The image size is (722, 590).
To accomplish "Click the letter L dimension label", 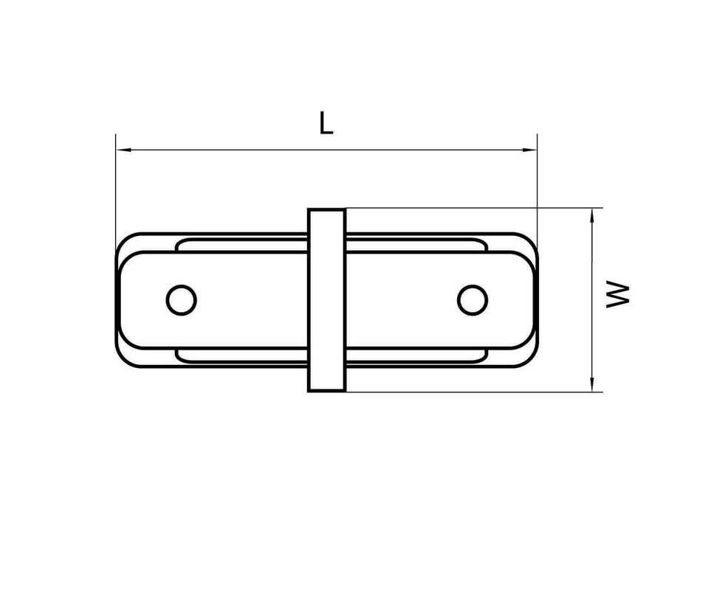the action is (326, 123).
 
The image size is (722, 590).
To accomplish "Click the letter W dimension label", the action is (617, 294).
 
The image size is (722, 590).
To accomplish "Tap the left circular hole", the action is (182, 300).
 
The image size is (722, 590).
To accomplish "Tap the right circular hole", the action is (473, 300).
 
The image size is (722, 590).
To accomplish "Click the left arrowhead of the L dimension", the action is (123, 150).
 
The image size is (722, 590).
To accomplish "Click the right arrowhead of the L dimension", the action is (529, 150).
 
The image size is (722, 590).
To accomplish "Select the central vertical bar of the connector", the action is (326, 300).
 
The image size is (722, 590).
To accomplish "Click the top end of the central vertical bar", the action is (326, 209).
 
